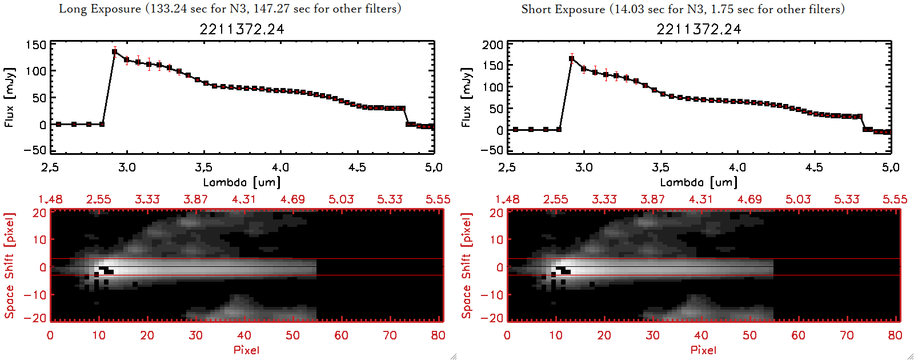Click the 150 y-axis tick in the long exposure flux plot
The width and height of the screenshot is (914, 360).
coord(35,45)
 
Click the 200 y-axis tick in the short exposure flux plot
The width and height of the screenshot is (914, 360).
coord(492,45)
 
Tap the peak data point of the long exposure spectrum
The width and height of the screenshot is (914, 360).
coord(115,52)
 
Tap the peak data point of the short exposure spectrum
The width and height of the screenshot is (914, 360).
coord(572,59)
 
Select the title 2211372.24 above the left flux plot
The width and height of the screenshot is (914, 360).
coord(242,29)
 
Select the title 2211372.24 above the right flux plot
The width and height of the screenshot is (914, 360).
coord(699,29)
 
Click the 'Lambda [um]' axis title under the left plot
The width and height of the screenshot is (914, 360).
coord(242,182)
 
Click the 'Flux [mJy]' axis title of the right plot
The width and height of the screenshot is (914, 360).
coord(466,98)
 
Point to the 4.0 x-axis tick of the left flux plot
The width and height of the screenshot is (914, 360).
coord(280,167)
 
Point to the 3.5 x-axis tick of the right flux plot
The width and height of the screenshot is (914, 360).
coord(660,167)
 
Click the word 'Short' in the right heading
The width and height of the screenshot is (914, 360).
coord(536,9)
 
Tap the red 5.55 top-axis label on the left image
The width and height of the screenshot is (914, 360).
coord(438,199)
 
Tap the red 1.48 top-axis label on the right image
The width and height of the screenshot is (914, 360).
coord(507,199)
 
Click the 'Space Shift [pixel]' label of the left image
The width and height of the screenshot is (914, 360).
coord(9,266)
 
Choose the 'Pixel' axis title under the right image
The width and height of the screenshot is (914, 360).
coord(703,350)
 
